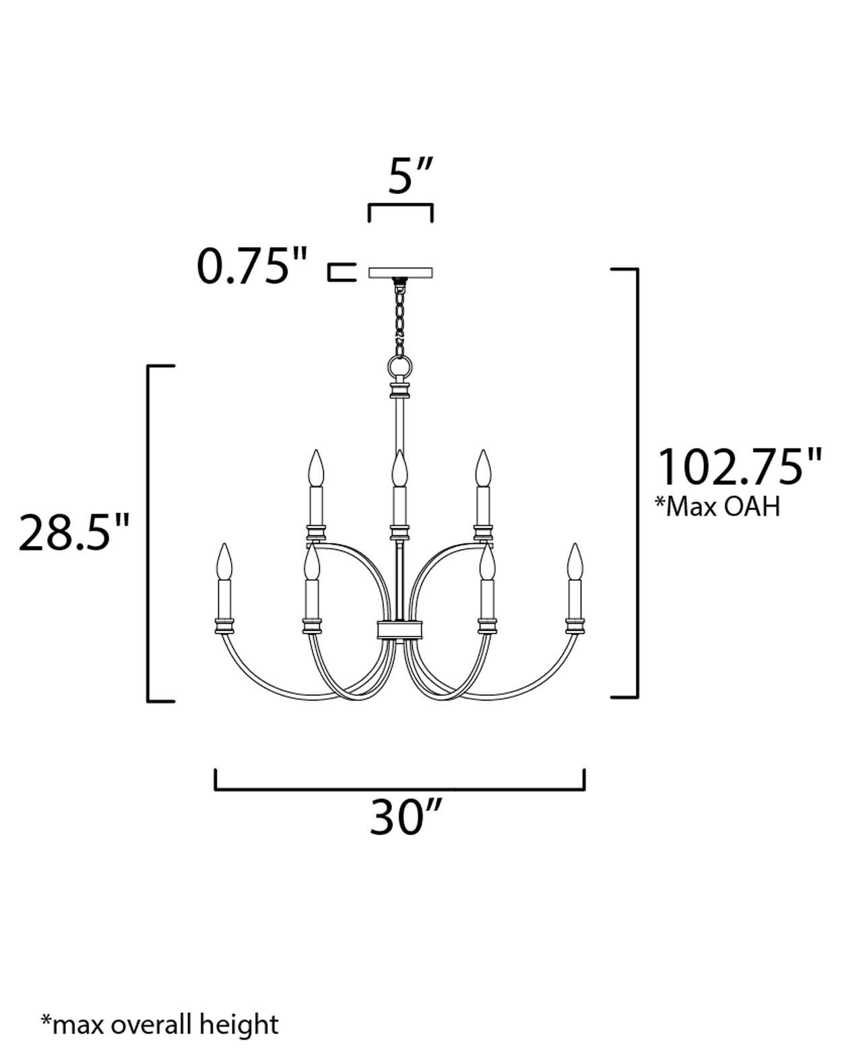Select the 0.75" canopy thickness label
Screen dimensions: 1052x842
252,266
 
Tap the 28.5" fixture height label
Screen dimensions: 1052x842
73,532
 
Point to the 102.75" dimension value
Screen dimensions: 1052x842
739,467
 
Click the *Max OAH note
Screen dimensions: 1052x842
717,506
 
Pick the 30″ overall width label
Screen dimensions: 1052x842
406,817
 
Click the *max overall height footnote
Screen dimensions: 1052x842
160,1024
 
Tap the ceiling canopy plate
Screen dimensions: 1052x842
401,273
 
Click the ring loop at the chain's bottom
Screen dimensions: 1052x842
400,368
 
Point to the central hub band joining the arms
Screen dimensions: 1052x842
400,630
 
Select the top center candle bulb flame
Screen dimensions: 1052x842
400,467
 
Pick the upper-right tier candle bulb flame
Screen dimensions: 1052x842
482,467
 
